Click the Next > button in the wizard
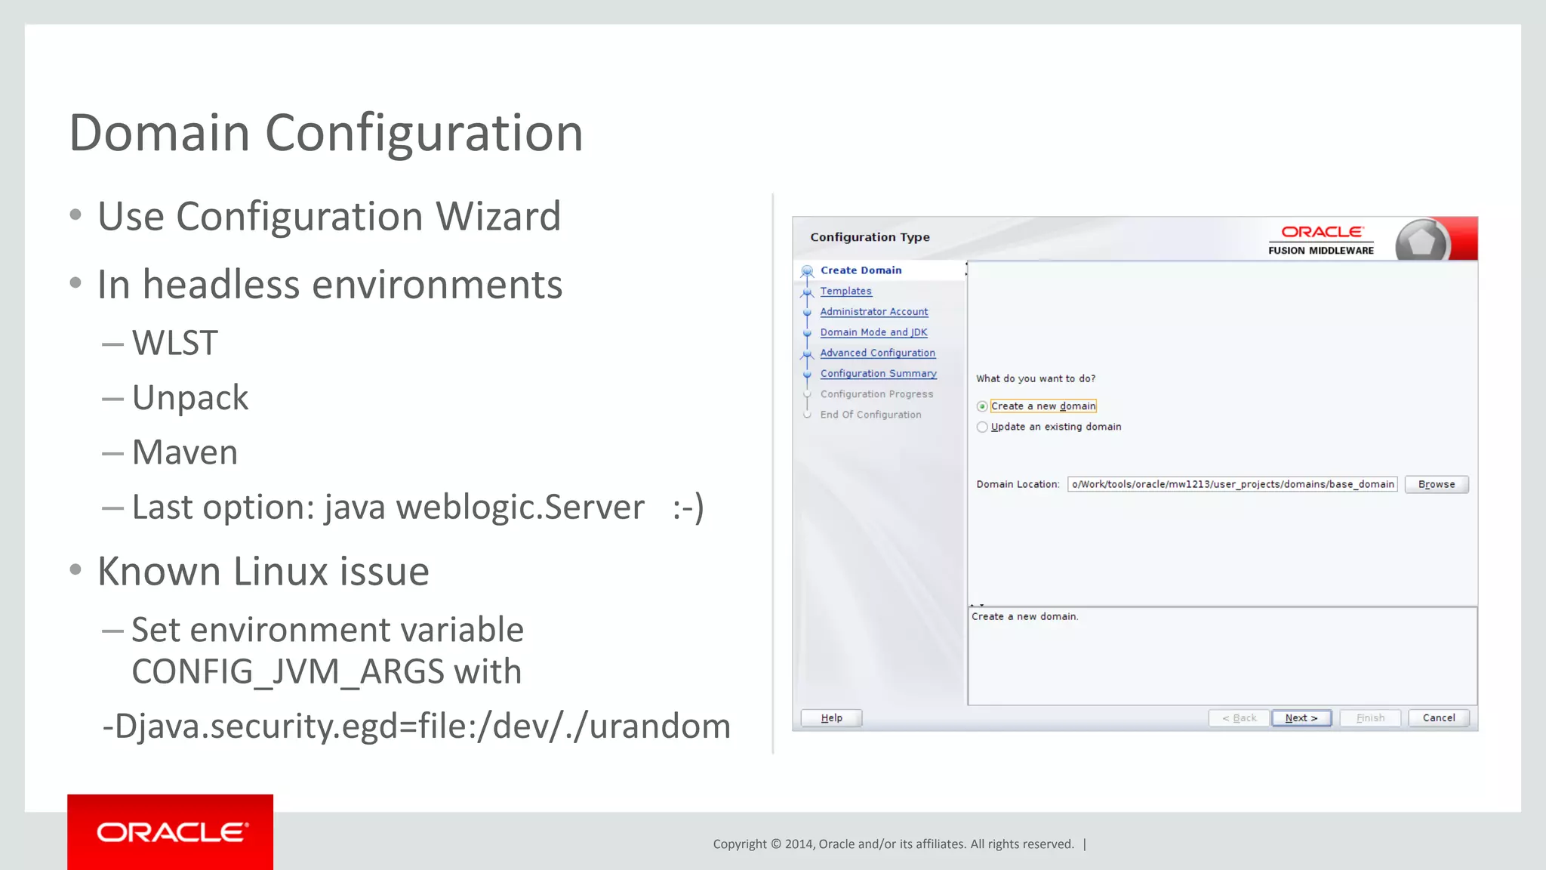(1301, 717)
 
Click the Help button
(831, 717)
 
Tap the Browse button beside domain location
(1436, 484)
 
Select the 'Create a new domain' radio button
(982, 406)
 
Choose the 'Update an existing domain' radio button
(982, 427)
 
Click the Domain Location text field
(1232, 484)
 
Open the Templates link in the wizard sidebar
(845, 291)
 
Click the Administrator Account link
(873, 311)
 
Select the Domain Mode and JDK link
(873, 332)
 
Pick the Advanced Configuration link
(877, 353)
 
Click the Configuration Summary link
(878, 373)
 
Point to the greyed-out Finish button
(1370, 717)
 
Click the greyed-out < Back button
(1239, 717)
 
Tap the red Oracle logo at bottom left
(171, 832)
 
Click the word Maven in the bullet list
(185, 452)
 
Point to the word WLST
(175, 343)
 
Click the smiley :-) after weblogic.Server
(688, 507)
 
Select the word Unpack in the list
(190, 398)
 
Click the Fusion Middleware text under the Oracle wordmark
(1320, 251)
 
